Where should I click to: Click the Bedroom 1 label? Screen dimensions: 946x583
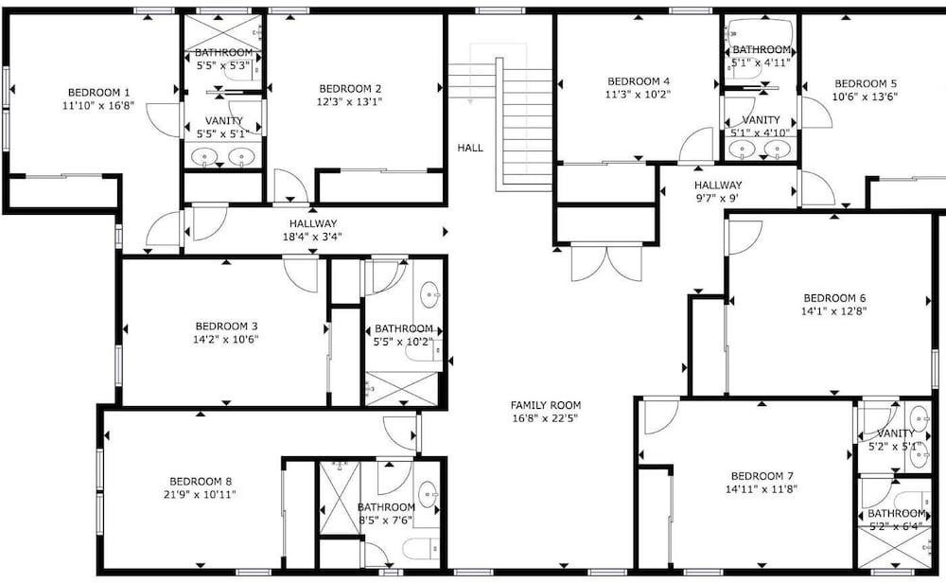pyautogui.click(x=98, y=93)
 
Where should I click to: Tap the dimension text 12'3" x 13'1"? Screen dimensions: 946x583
pyautogui.click(x=349, y=102)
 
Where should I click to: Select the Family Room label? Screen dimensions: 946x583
pyautogui.click(x=546, y=405)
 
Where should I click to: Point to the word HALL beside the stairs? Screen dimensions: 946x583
pyautogui.click(x=470, y=148)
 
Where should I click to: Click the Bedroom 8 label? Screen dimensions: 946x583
pyautogui.click(x=201, y=482)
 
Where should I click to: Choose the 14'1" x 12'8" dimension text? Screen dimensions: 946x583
pyautogui.click(x=834, y=311)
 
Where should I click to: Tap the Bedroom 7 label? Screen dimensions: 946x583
pyautogui.click(x=762, y=476)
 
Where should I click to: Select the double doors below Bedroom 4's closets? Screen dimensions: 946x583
pyautogui.click(x=606, y=262)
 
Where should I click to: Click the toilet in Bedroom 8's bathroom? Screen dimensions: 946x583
pyautogui.click(x=421, y=548)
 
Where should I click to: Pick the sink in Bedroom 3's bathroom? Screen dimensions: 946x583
pyautogui.click(x=429, y=295)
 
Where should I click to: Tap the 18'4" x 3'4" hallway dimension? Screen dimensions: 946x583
pyautogui.click(x=312, y=238)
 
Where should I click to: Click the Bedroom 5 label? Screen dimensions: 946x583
pyautogui.click(x=866, y=84)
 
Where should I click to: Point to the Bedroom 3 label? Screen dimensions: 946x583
pyautogui.click(x=226, y=327)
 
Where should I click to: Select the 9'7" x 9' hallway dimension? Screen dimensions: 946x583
pyautogui.click(x=717, y=198)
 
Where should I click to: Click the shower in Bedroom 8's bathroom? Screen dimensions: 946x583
pyautogui.click(x=339, y=498)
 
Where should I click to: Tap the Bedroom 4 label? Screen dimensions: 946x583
pyautogui.click(x=639, y=81)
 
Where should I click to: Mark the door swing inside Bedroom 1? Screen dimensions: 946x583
pyautogui.click(x=163, y=120)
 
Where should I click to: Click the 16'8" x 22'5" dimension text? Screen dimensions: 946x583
pyautogui.click(x=545, y=418)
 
